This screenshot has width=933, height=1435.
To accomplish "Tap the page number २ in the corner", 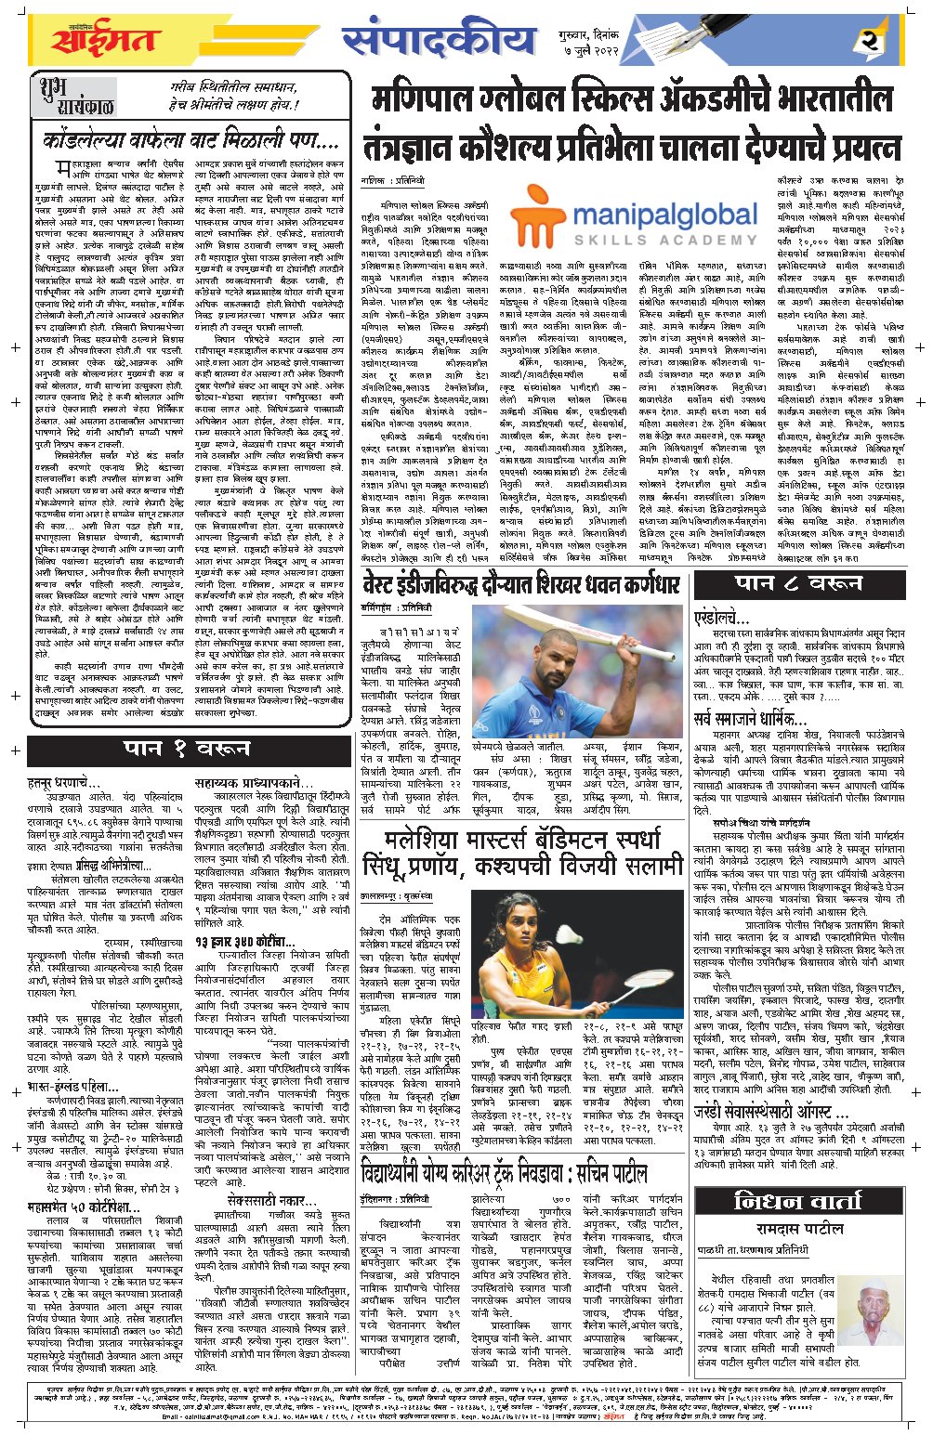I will point(869,41).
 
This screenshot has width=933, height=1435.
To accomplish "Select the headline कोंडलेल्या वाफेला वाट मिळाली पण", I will point(191,142).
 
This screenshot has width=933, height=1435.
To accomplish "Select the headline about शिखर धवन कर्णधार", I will point(523,585).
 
